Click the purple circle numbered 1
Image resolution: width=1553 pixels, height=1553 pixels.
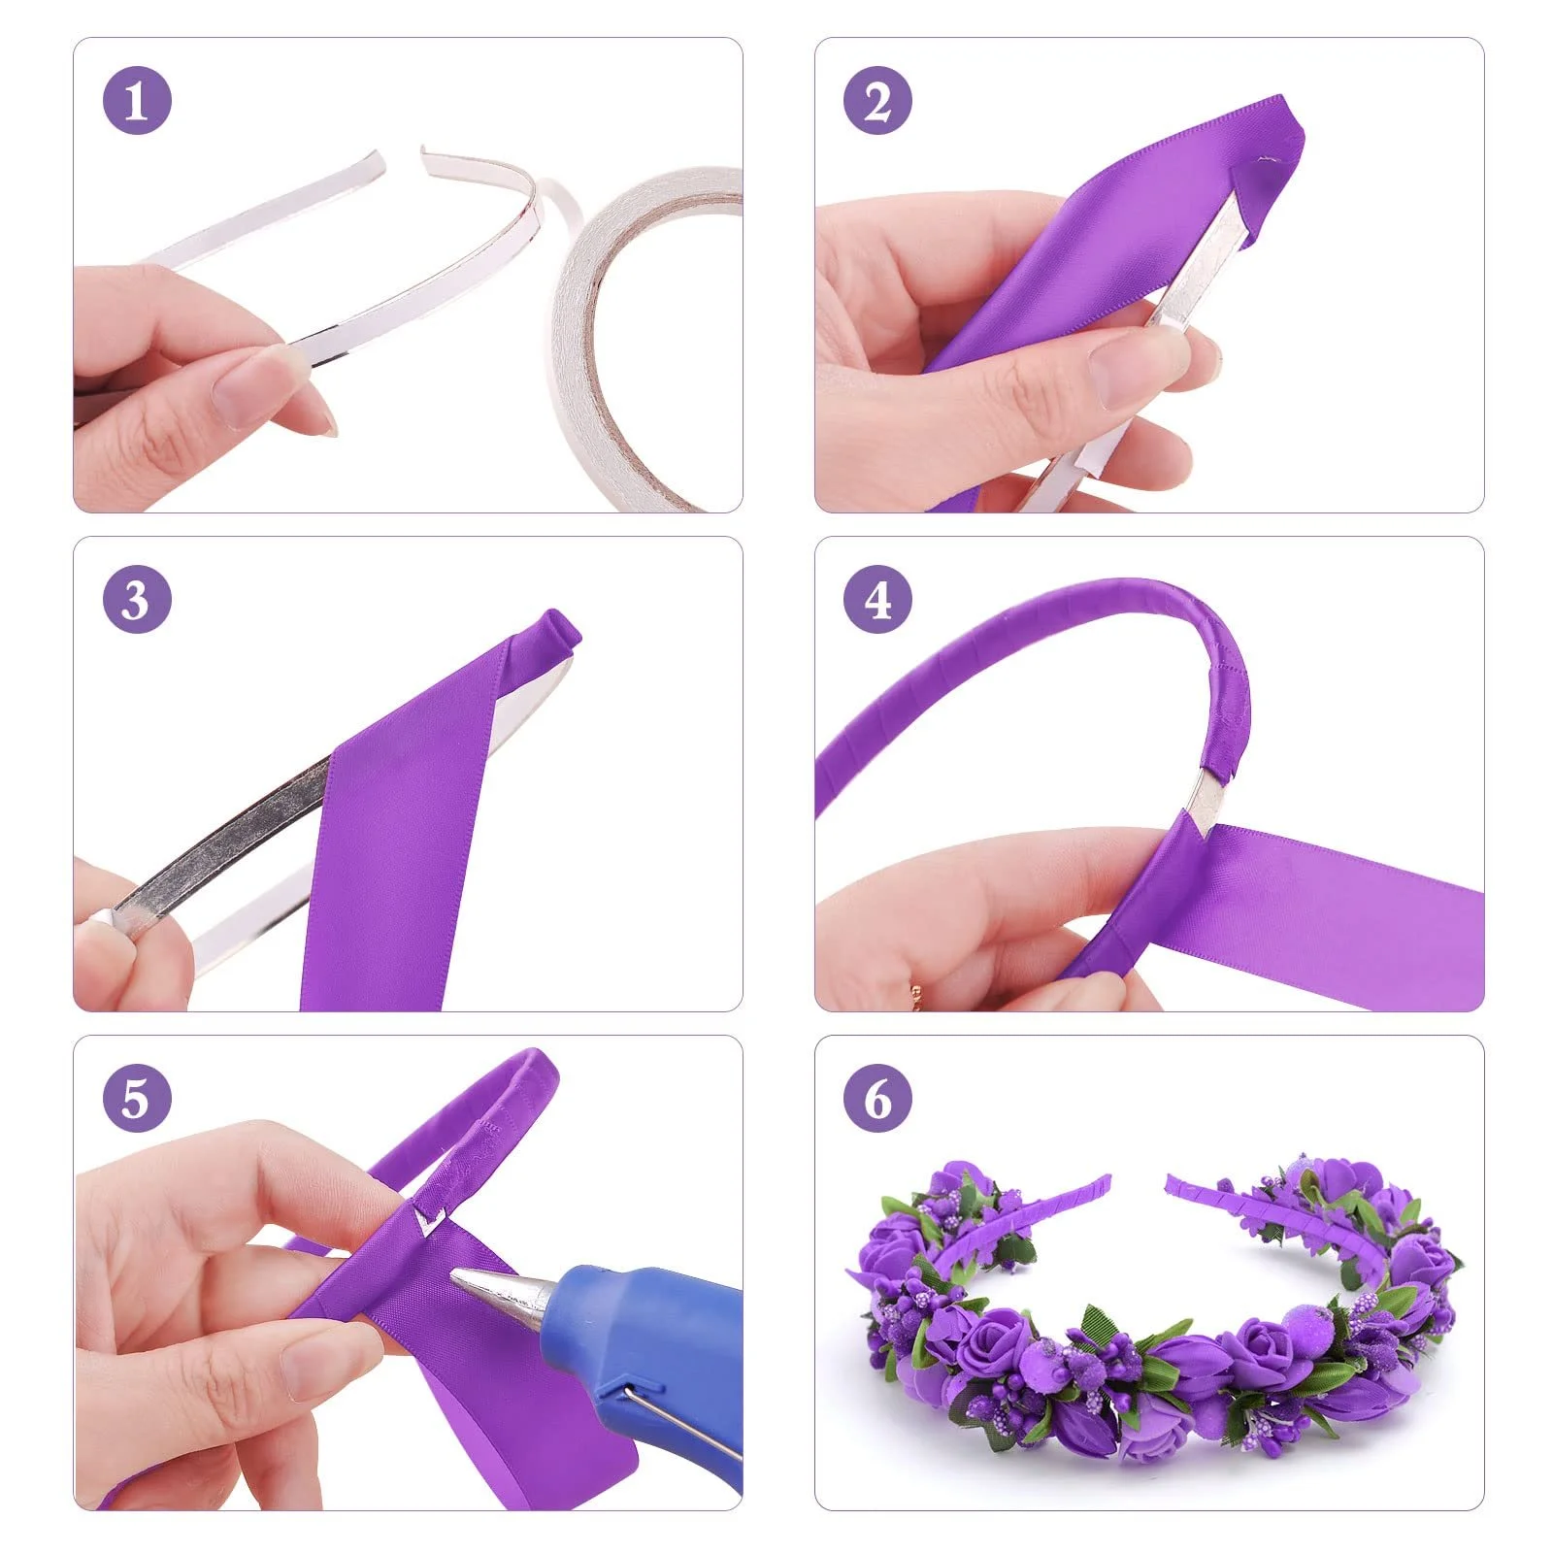coord(137,100)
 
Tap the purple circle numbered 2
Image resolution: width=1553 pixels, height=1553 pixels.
coord(877,100)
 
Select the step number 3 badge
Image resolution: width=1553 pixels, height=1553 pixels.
coord(137,599)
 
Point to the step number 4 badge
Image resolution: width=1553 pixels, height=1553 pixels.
coord(877,599)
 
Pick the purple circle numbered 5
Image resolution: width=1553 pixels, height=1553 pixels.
coord(137,1098)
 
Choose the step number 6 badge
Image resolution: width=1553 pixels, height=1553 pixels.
coord(877,1098)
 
